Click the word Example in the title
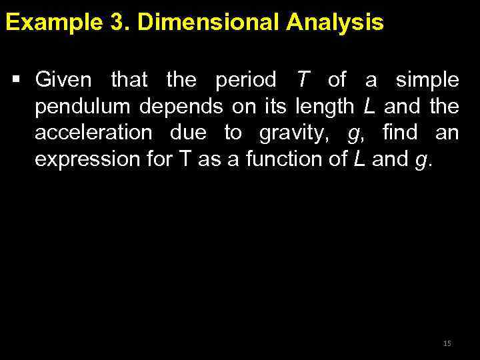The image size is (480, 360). coord(49,23)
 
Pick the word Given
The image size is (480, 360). coord(63,81)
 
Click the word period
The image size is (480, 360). coord(245,81)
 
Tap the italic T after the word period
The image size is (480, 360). coord(303,81)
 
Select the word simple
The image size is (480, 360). coord(427,81)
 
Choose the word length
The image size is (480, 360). coord(323,107)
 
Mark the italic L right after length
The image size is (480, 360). coord(369,107)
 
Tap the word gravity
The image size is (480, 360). coord(297,133)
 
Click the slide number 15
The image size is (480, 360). coord(447,343)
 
